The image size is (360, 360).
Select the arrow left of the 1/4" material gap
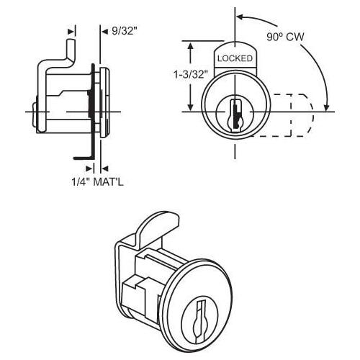pos(88,168)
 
